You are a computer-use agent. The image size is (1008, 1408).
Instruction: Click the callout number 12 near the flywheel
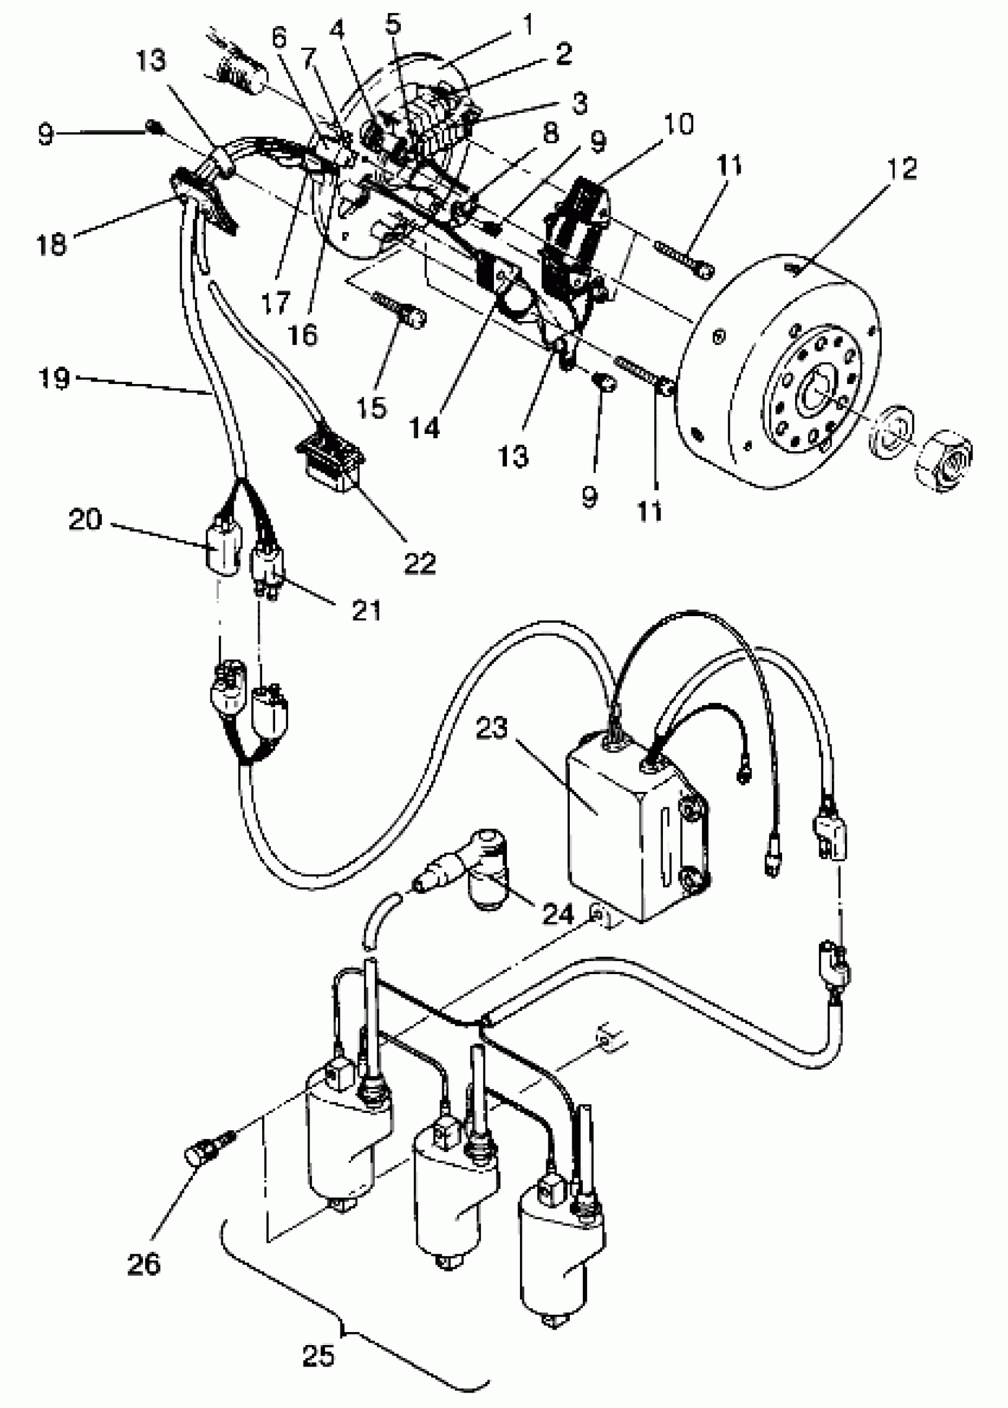901,168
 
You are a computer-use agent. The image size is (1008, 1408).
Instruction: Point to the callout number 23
492,728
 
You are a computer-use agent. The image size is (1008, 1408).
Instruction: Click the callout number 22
420,563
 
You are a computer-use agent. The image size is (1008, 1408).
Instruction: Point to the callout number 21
366,611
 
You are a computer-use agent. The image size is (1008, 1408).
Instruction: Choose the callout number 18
52,244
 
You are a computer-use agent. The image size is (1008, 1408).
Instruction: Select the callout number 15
372,408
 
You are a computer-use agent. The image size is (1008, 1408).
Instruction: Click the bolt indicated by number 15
400,310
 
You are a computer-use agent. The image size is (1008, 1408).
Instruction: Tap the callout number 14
425,428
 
